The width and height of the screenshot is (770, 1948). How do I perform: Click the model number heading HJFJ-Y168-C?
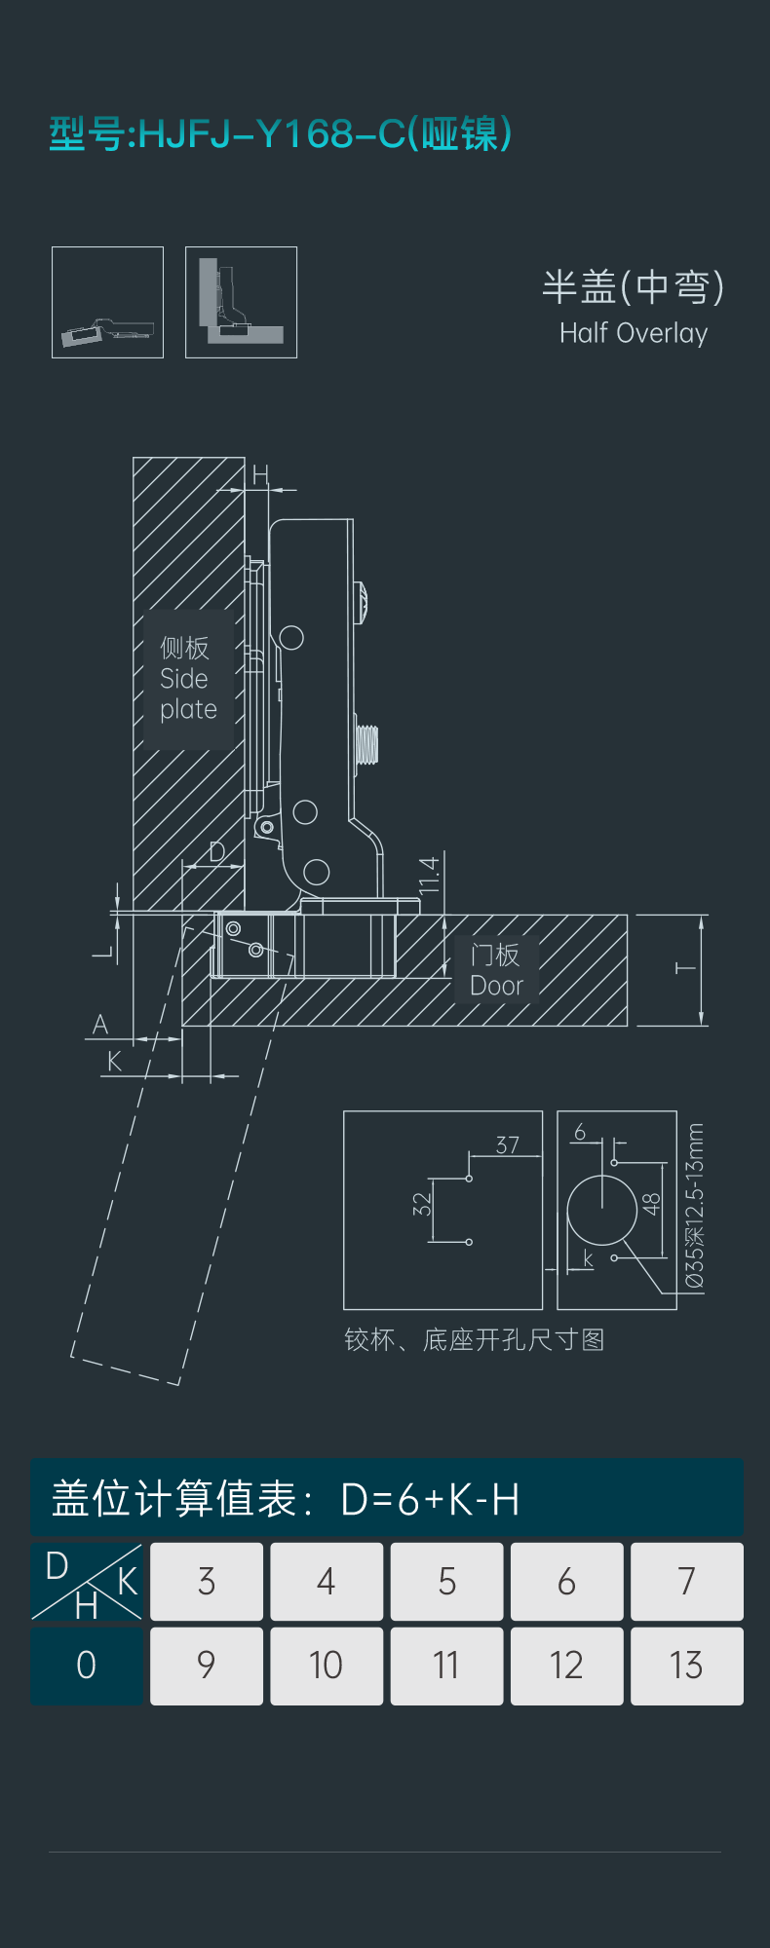tap(272, 133)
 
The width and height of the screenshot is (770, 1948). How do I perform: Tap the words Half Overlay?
tap(634, 333)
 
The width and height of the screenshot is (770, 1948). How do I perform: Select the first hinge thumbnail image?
tap(107, 302)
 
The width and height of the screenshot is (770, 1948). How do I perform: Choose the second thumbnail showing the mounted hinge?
tap(241, 302)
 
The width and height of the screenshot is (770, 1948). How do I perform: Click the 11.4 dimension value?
tap(430, 876)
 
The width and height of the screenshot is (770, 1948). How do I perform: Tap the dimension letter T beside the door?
tap(686, 968)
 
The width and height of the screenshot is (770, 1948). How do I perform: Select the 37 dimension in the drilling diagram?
tap(507, 1144)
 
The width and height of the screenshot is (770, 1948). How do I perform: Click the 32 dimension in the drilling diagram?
tap(421, 1204)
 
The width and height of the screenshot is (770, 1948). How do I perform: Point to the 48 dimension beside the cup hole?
tap(652, 1204)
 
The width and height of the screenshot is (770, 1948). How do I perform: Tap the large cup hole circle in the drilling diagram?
tap(602, 1210)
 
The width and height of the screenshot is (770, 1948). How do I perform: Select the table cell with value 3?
tap(207, 1581)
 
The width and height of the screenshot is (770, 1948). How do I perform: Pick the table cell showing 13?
tap(686, 1666)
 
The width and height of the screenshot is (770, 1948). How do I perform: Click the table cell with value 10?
tap(327, 1666)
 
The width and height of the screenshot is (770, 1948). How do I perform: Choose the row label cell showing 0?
tap(87, 1666)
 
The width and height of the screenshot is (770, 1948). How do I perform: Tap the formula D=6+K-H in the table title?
tap(430, 1500)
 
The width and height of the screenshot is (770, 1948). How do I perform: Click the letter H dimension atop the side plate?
tap(260, 475)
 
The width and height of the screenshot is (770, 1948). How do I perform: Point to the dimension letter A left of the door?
tap(100, 1025)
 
